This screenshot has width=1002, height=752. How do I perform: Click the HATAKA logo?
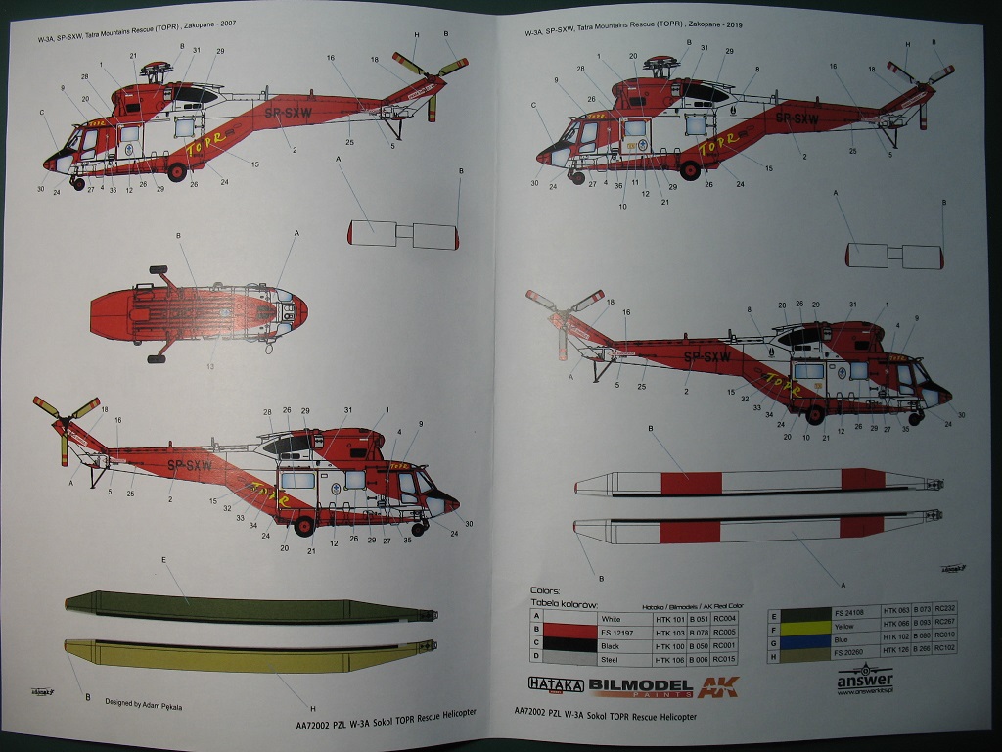(556, 686)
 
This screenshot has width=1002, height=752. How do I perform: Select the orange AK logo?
(718, 686)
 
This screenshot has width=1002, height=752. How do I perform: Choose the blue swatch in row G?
(798, 635)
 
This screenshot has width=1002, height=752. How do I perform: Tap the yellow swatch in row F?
(798, 624)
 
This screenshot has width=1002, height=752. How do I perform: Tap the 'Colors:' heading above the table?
(545, 591)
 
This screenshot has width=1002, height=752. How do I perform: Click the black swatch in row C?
(569, 647)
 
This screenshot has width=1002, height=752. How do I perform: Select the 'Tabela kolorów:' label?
(564, 604)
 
